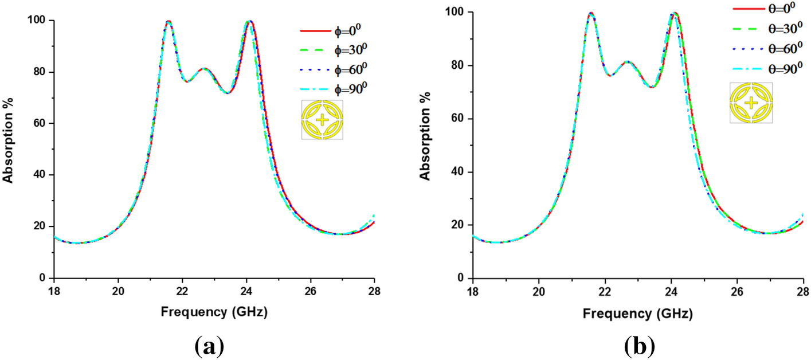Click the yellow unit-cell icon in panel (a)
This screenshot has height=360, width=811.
click(322, 120)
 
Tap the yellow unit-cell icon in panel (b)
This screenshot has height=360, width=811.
click(751, 103)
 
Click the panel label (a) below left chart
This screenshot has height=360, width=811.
click(209, 346)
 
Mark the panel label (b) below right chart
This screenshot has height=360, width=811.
click(639, 346)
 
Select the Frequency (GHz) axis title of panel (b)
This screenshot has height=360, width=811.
click(638, 314)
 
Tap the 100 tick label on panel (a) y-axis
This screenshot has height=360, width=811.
click(37, 21)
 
